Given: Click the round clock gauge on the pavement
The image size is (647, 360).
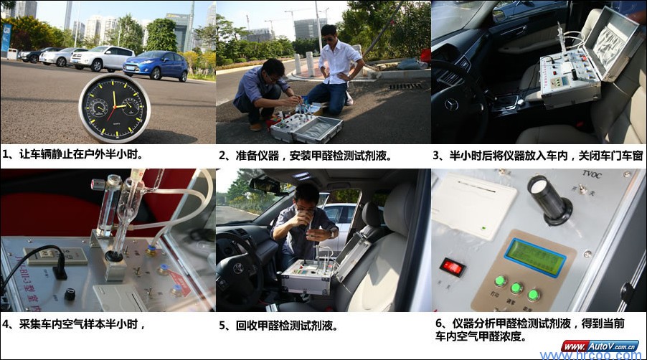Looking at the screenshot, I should tap(114, 108).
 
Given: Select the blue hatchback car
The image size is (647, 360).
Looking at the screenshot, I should tap(155, 65).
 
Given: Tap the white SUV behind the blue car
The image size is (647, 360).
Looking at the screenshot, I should tap(103, 58).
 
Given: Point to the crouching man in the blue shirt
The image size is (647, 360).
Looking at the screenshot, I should tap(262, 93).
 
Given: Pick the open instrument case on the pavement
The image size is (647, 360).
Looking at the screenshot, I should tap(307, 127).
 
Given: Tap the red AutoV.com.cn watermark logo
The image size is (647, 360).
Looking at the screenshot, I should tap(600, 345).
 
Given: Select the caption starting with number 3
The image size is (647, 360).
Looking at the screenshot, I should tap(537, 155).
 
